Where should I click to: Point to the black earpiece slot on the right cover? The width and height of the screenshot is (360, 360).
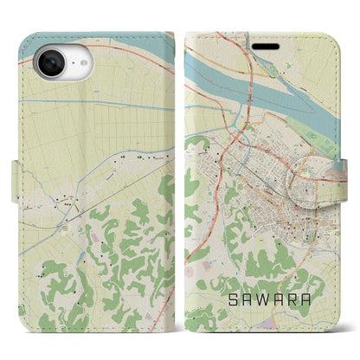tap(263, 40)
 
